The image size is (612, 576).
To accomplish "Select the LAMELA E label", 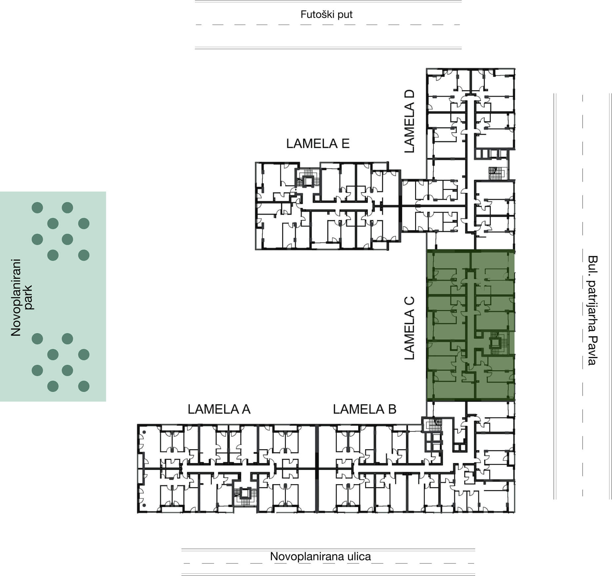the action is pyautogui.click(x=318, y=144).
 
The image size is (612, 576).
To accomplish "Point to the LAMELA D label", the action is pyautogui.click(x=409, y=121).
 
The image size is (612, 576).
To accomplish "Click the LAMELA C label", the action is pyautogui.click(x=409, y=328).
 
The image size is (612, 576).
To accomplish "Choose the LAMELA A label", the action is pyautogui.click(x=219, y=409).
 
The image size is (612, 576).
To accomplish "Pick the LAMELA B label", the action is pyautogui.click(x=364, y=409).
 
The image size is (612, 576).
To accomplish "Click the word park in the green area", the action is pyautogui.click(x=28, y=297).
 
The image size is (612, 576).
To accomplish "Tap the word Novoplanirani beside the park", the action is pyautogui.click(x=16, y=297).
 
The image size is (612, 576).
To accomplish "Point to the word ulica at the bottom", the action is pyautogui.click(x=359, y=557).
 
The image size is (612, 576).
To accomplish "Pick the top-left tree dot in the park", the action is pyautogui.click(x=37, y=208).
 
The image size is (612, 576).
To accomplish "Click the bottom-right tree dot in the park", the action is pyautogui.click(x=84, y=386).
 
